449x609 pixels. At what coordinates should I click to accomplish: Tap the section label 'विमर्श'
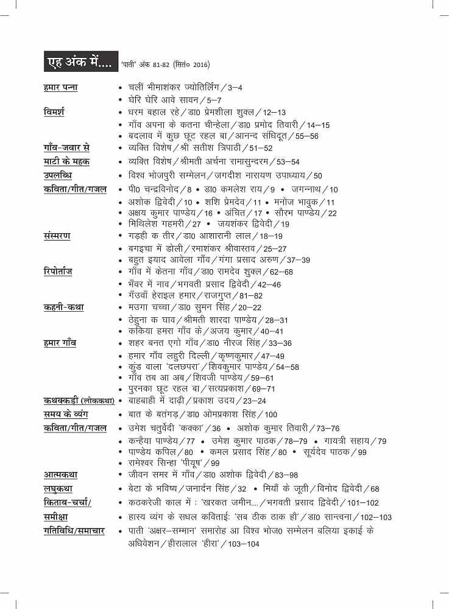point(54,112)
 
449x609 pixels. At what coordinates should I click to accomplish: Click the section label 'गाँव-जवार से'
point(67,147)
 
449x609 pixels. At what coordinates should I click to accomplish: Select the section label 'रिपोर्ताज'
point(58,271)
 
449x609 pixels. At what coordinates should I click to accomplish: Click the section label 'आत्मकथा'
point(60,474)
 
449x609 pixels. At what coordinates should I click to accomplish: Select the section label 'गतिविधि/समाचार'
point(74,531)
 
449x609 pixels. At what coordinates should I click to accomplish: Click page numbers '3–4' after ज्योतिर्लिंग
point(234,88)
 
